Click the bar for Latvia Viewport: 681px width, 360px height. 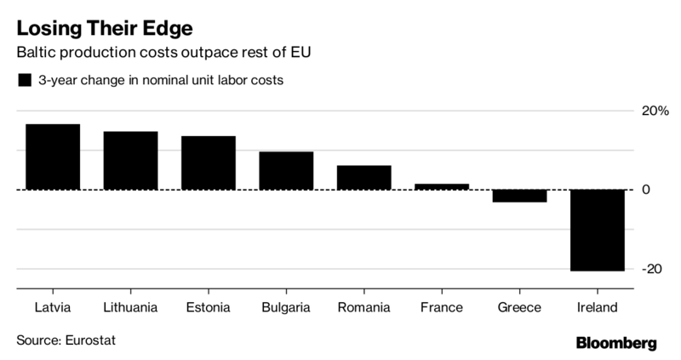pyautogui.click(x=53, y=157)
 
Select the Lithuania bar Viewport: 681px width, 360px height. pyautogui.click(x=131, y=161)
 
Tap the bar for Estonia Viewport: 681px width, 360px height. pyautogui.click(x=209, y=163)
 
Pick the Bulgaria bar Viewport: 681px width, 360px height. pyautogui.click(x=286, y=171)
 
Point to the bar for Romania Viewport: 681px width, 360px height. pyautogui.click(x=364, y=178)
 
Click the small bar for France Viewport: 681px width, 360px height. pyautogui.click(x=442, y=186)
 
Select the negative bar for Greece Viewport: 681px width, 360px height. pyautogui.click(x=519, y=196)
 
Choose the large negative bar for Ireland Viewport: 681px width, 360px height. pyautogui.click(x=598, y=230)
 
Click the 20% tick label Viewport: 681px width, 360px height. pyautogui.click(x=655, y=111)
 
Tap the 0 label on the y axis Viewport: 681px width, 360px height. pyautogui.click(x=646, y=190)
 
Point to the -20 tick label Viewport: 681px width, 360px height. pyautogui.click(x=652, y=269)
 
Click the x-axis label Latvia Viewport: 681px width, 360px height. pyautogui.click(x=53, y=307)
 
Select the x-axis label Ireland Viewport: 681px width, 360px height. pyautogui.click(x=598, y=307)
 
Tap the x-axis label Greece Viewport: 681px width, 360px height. pyautogui.click(x=519, y=307)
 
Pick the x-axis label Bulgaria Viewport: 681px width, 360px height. pyautogui.click(x=286, y=307)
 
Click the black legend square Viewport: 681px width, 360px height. pyautogui.click(x=25, y=80)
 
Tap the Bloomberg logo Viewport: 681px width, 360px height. pyautogui.click(x=616, y=343)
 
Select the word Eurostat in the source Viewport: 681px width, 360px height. pyautogui.click(x=91, y=340)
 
